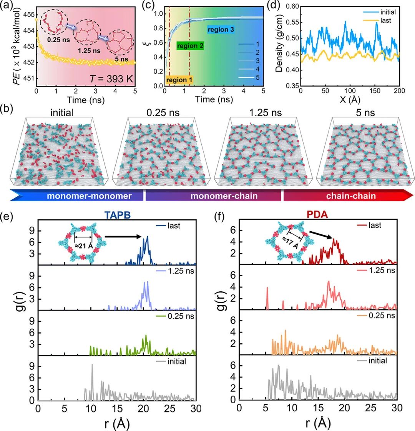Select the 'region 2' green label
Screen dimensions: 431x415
190,46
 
